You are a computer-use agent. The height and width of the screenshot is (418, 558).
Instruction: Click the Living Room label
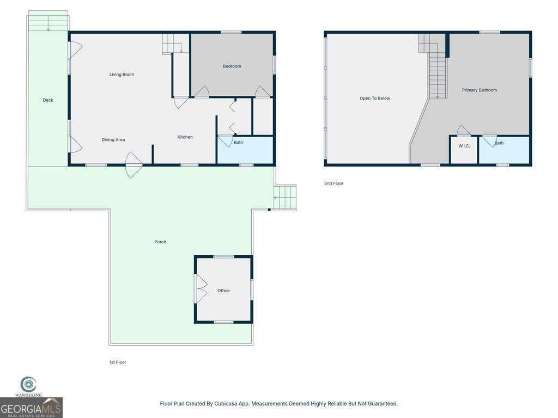coord(122,75)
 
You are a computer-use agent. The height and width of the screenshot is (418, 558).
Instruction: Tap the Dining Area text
coord(113,140)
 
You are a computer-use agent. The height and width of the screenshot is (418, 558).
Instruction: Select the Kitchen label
coord(185,137)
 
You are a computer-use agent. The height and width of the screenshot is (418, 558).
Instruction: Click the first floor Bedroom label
coord(232,66)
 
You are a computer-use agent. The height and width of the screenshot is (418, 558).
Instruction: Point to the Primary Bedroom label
coord(479,90)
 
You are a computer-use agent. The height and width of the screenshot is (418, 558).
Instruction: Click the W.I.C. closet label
coord(464,146)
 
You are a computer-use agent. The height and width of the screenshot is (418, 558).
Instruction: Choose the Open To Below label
coord(374,99)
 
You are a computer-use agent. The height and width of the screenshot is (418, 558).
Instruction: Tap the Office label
coord(223,291)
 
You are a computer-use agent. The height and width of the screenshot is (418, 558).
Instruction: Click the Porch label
coord(160,242)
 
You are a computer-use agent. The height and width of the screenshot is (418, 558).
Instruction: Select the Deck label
coord(48,100)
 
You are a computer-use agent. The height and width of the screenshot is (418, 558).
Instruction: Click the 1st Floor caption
coord(118,362)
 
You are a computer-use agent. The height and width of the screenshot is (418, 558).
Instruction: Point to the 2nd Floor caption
coord(333,184)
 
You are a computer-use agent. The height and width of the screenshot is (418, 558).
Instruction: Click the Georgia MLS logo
coord(31,407)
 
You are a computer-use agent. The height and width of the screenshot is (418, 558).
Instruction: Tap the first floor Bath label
coord(238,143)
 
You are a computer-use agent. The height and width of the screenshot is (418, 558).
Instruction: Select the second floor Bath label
coord(499,143)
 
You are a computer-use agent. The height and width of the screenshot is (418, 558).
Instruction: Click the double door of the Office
coord(201,288)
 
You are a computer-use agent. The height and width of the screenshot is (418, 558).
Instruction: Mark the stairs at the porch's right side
coord(285,197)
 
